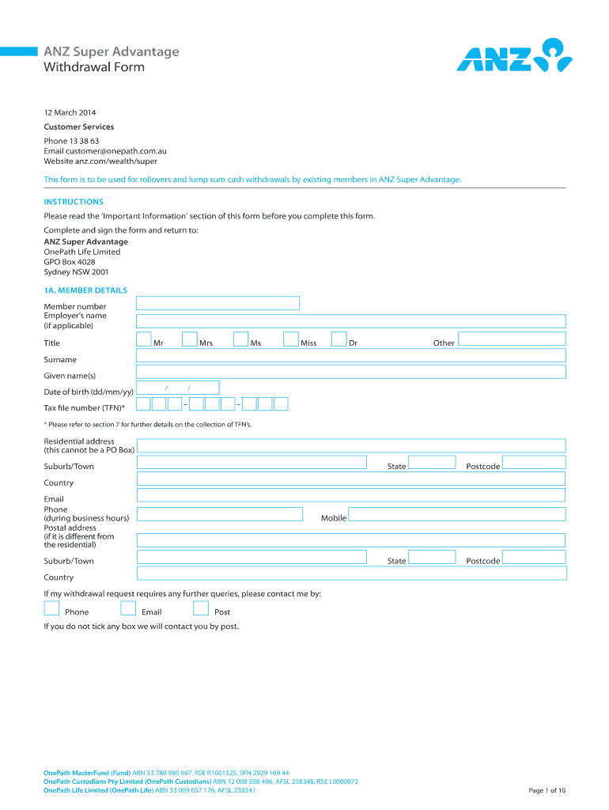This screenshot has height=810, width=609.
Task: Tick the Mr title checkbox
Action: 144,339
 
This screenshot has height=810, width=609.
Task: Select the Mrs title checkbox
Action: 190,339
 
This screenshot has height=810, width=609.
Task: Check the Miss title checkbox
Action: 291,339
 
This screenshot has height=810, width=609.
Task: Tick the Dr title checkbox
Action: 339,339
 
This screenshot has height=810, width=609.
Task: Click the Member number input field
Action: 217,303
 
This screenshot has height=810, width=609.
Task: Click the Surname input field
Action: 351,355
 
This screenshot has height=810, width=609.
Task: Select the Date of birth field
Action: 178,388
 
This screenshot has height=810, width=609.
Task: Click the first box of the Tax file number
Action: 143,404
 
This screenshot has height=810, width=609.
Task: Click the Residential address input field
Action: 351,445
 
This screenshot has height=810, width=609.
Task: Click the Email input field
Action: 351,495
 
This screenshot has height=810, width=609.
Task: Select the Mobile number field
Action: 457,514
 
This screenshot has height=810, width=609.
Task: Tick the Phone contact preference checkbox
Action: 51,608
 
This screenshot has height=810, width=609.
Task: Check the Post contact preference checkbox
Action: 201,608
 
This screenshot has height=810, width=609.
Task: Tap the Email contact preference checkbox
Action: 128,608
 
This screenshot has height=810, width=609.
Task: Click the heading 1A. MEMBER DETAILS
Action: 85,290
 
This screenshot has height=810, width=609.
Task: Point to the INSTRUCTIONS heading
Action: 74,202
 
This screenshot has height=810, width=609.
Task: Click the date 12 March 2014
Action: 70,113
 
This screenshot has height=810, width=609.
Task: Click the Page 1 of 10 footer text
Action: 547,790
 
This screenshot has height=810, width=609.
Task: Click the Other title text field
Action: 513,339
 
